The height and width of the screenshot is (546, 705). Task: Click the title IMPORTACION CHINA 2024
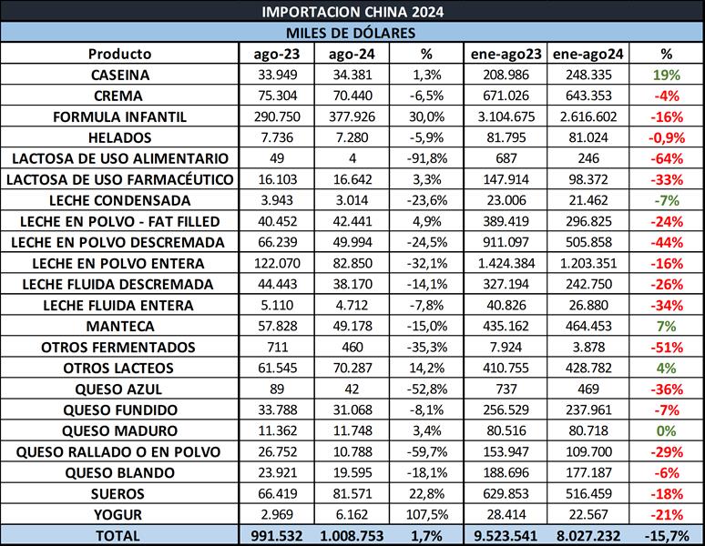pos(352,12)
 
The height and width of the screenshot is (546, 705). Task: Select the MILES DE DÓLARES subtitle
pos(352,33)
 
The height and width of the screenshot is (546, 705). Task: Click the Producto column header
pos(120,54)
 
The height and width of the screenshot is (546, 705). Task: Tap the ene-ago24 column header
pos(593,54)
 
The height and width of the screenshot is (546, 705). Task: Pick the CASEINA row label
pos(120,75)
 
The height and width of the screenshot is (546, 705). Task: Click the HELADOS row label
pos(120,137)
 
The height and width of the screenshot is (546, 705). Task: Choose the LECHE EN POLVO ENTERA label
pos(120,263)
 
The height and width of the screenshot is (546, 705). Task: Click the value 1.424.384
pos(506,263)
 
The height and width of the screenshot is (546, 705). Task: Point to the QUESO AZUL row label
pos(120,389)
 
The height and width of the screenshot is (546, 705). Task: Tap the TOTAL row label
pos(120,535)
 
